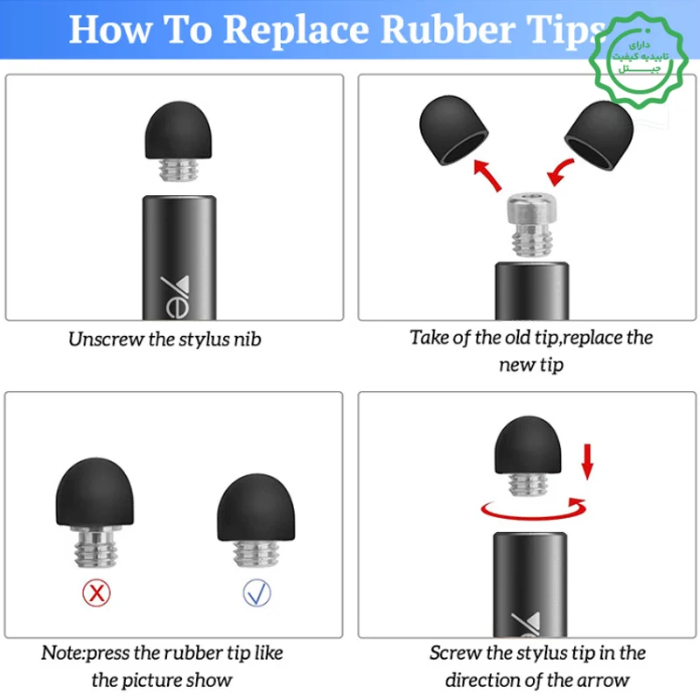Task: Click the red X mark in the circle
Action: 96,593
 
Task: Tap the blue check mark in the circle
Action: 256,593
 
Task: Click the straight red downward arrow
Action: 587,462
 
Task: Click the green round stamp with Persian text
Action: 639,59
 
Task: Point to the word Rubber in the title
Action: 447,30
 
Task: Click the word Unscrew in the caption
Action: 106,339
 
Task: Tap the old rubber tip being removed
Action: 453,129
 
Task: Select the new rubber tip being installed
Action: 599,135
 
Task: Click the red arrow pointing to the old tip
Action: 487,175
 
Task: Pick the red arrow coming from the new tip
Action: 560,171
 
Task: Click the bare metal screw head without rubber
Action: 532,225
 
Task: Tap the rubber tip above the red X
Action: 94,492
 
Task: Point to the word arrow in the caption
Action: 604,681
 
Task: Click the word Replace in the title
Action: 297,31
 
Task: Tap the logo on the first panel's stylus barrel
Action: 176,297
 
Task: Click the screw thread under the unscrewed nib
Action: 178,170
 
